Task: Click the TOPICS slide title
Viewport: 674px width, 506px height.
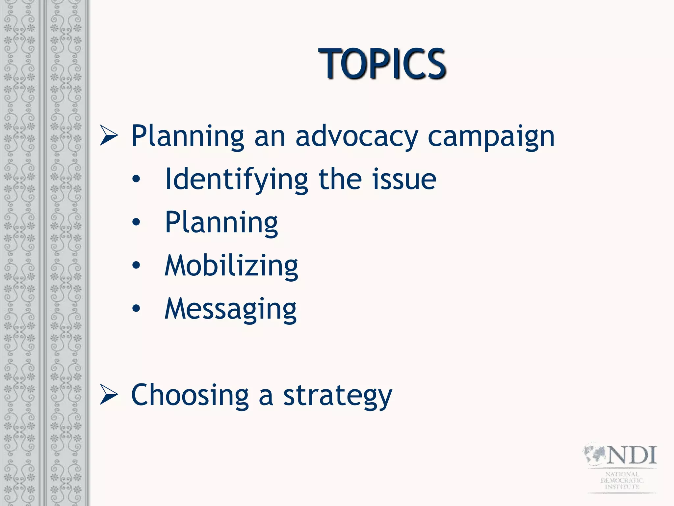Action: (382, 64)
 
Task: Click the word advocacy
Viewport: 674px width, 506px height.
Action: (357, 136)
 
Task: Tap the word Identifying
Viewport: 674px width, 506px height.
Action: (236, 180)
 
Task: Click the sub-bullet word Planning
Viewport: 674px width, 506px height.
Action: (221, 223)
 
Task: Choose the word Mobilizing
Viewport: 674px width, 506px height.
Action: (231, 266)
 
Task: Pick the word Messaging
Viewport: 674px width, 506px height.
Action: (230, 309)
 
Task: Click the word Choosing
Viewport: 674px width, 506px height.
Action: (190, 395)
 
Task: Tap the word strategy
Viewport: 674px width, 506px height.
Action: (338, 396)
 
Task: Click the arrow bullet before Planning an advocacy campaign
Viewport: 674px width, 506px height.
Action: (109, 136)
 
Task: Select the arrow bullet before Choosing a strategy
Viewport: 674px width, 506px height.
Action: (109, 395)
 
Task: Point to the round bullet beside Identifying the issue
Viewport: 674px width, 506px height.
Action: (136, 180)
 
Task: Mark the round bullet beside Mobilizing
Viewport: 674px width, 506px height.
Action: (136, 266)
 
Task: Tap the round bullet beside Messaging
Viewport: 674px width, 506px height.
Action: (136, 309)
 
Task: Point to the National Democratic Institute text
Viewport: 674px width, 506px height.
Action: (622, 480)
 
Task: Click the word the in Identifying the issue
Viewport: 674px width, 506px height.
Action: (342, 180)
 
